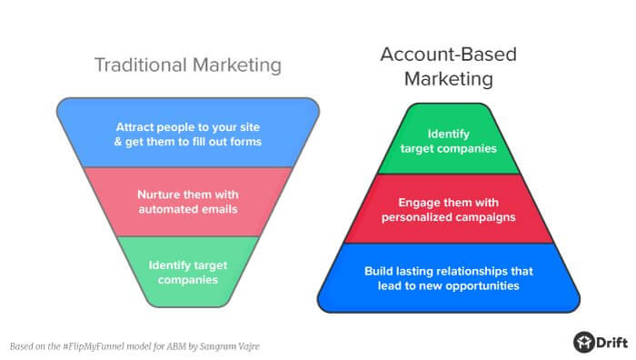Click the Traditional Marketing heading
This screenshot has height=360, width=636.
pyautogui.click(x=188, y=65)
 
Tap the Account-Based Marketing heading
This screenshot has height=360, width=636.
pyautogui.click(x=449, y=66)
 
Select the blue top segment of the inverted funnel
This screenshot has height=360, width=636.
pyautogui.click(x=188, y=133)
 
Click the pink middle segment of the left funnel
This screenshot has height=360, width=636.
pyautogui.click(x=188, y=201)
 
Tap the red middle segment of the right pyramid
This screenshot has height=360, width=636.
pyautogui.click(x=449, y=208)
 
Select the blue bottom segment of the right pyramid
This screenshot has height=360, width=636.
pyautogui.click(x=449, y=277)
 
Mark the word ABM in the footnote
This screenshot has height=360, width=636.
pyautogui.click(x=177, y=346)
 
